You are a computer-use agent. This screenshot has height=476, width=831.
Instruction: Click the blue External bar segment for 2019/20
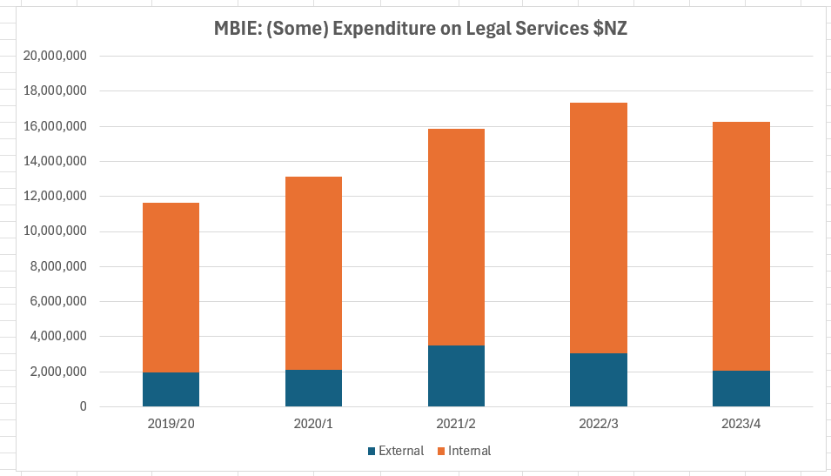pos(171,389)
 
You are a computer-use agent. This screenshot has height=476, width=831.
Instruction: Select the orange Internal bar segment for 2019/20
pos(171,287)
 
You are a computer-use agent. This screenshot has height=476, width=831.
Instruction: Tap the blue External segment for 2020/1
pos(313,388)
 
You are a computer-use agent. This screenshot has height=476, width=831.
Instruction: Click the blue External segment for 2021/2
pos(456,376)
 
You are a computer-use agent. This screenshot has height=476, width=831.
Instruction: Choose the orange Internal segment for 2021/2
pos(456,237)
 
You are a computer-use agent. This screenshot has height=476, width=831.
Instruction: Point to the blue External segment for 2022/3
pos(599,379)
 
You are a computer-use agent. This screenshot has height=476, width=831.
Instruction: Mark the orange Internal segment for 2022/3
pos(599,228)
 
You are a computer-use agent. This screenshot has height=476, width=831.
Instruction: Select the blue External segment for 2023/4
pos(741,388)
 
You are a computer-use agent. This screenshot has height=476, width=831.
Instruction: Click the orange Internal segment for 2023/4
pos(741,246)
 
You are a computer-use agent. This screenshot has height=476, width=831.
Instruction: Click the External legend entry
pos(396,451)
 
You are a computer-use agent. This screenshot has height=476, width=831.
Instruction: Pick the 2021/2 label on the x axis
pos(456,424)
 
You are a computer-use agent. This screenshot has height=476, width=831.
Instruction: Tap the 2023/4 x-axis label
pos(741,424)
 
